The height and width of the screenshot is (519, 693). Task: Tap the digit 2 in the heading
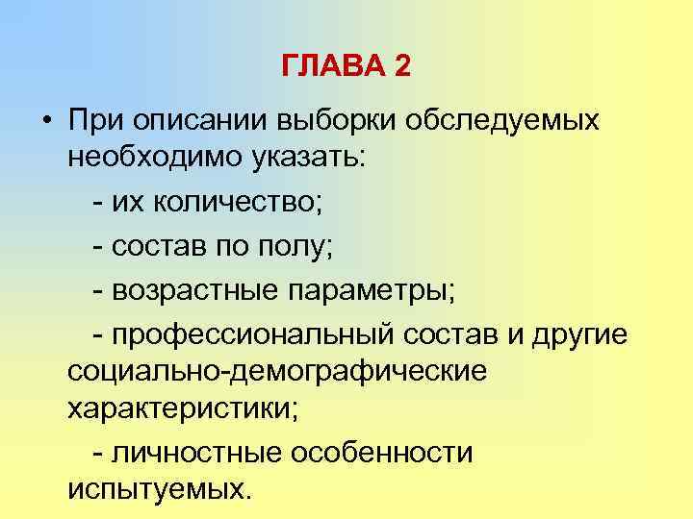point(402,67)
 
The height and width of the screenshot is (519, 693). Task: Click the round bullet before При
point(45,122)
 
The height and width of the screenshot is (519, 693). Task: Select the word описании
point(199,121)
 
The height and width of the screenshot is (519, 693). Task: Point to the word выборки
point(337,121)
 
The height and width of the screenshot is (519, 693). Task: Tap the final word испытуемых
point(159,488)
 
